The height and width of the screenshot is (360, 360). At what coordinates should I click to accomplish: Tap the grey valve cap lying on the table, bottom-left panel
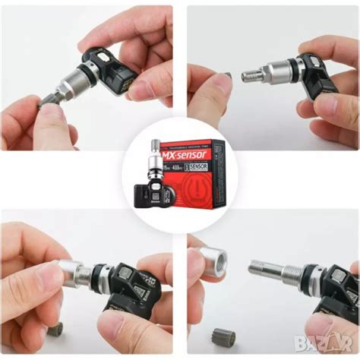(x=55, y=329)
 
